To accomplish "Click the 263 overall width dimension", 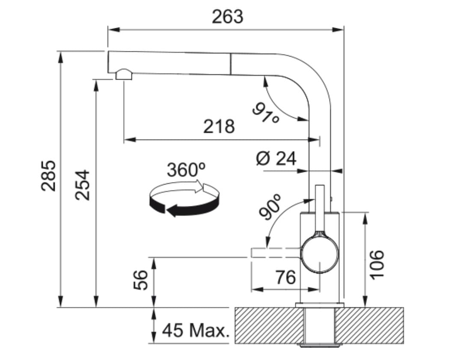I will point(227,16).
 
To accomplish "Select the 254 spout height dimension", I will point(83,185).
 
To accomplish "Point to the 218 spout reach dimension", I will point(219,127).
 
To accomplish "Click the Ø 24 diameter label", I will point(276,159).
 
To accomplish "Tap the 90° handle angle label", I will point(269,207).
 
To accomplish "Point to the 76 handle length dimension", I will point(285,277).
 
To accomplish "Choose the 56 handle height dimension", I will point(141,280).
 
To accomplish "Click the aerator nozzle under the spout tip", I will point(124,75).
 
